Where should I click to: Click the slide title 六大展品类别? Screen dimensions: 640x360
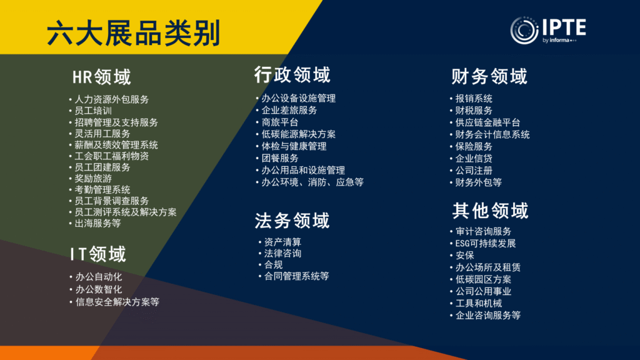pos(134,33)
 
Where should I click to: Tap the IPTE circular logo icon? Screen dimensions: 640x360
pos(524,30)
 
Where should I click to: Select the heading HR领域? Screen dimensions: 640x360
pos(102,77)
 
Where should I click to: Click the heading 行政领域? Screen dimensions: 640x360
pos(292,75)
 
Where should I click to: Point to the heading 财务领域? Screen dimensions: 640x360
pos(489,76)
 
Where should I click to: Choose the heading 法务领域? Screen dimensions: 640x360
pos(292,221)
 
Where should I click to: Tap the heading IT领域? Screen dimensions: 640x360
pos(98,254)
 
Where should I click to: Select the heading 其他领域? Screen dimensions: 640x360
pos(490,211)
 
